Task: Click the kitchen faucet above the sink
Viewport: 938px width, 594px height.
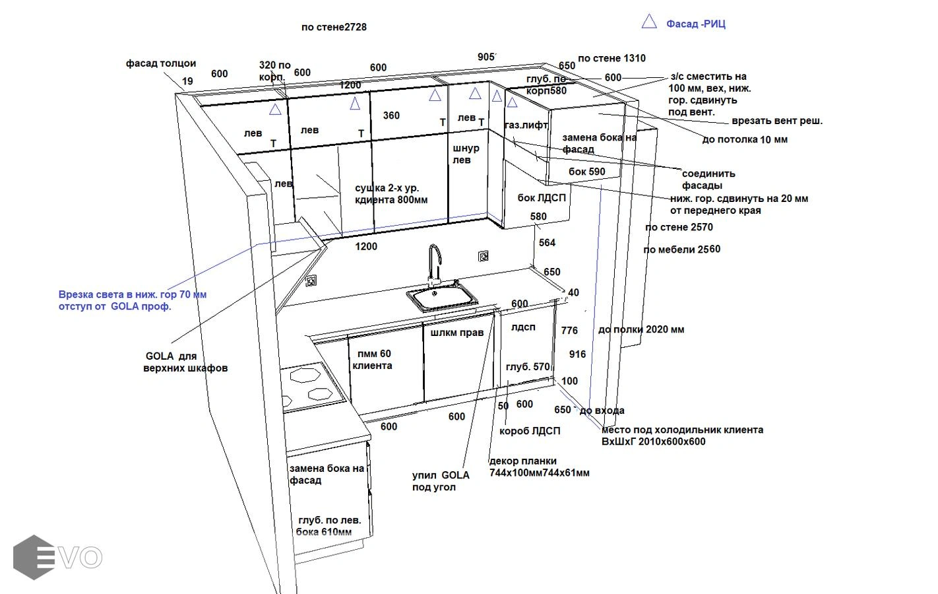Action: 434,264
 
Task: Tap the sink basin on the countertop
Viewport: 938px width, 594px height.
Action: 442,298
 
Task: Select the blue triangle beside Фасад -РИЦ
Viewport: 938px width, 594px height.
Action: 649,22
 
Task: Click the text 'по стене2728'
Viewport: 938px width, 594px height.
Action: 334,27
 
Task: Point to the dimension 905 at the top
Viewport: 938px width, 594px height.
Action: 486,57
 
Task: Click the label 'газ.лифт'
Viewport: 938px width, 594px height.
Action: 526,125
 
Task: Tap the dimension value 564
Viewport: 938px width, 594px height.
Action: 547,243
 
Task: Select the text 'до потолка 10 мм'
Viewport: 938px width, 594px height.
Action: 745,139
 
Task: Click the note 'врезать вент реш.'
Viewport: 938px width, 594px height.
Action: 777,121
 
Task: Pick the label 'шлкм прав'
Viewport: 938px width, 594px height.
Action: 457,333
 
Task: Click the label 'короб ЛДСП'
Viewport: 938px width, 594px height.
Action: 530,431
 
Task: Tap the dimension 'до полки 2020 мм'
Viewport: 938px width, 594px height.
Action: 641,329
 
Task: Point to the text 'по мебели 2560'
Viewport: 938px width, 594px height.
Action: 681,249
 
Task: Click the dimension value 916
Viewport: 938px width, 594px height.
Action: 577,354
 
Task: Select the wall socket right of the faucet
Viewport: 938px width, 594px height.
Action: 484,256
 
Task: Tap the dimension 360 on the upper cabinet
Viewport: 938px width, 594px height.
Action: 391,115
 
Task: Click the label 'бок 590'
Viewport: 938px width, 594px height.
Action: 586,172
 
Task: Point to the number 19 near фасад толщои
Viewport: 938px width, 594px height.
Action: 187,81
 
